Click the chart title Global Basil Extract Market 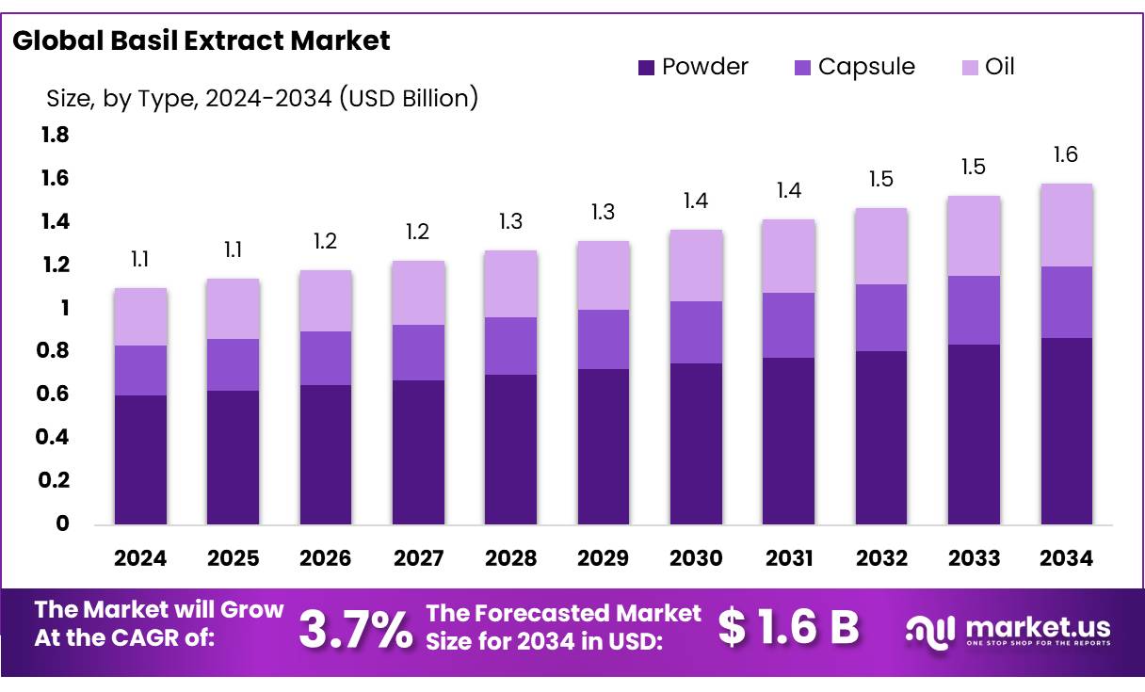[x=202, y=40]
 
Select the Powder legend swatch [x=646, y=68]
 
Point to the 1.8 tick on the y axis [x=55, y=136]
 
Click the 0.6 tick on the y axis [x=55, y=394]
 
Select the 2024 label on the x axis [x=140, y=558]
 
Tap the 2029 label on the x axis [x=604, y=558]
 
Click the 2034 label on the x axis [x=1067, y=558]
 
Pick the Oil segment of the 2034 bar [x=1067, y=225]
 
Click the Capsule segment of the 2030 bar [x=696, y=332]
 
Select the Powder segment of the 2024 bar [x=140, y=459]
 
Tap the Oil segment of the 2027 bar [x=418, y=293]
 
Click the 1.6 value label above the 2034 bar [x=1067, y=155]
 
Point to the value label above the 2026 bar [x=326, y=242]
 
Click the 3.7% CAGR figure [x=355, y=629]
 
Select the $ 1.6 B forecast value [x=788, y=628]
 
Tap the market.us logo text [x=1037, y=626]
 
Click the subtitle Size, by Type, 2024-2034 [x=262, y=98]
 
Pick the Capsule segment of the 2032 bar [x=881, y=317]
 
